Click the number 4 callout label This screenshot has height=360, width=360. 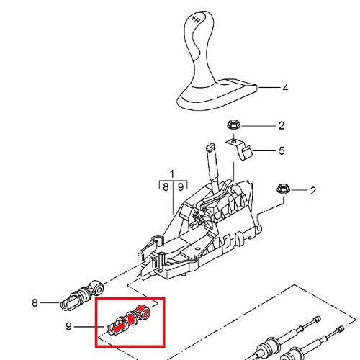click(284, 89)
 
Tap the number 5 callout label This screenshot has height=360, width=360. click(282, 150)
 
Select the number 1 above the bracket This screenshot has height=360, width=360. click(172, 174)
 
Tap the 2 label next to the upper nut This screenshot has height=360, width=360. click(282, 126)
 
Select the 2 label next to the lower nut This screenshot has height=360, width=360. click(312, 191)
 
